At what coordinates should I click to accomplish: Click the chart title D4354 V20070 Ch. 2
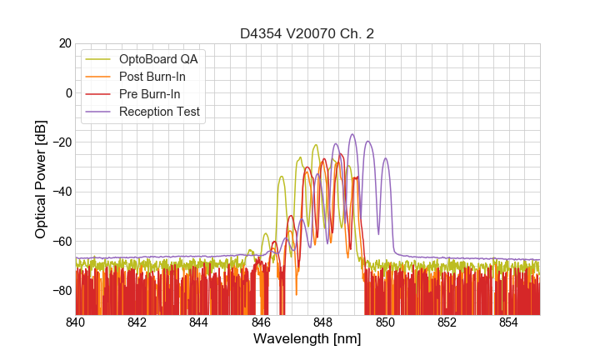pyautogui.click(x=307, y=34)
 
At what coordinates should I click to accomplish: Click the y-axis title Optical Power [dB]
pyautogui.click(x=41, y=178)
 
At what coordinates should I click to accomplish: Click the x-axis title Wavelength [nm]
pyautogui.click(x=307, y=339)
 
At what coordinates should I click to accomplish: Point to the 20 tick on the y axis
pyautogui.click(x=63, y=43)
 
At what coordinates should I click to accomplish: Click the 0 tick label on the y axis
pyautogui.click(x=67, y=92)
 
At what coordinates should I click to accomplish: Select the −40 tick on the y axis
pyautogui.click(x=60, y=192)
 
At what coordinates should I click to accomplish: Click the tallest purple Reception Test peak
pyautogui.click(x=352, y=134)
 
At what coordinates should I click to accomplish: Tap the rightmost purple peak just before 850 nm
pyautogui.click(x=385, y=159)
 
